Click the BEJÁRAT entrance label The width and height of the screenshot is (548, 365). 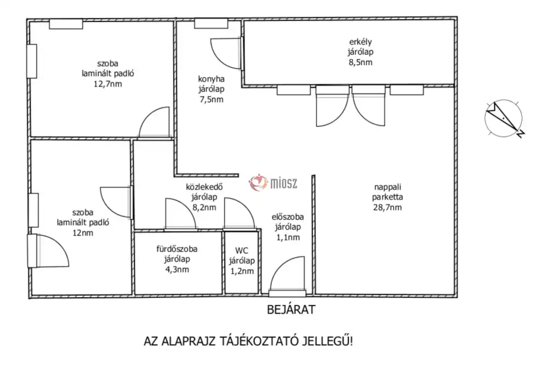(291, 310)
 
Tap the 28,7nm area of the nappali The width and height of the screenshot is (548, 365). (387, 207)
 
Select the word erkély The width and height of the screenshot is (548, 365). (361, 42)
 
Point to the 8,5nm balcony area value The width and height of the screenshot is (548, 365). (361, 62)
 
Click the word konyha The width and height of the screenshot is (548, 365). (211, 79)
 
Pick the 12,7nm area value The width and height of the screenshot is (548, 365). (107, 84)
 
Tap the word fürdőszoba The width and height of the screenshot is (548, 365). (177, 249)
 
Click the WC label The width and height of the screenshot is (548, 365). (242, 250)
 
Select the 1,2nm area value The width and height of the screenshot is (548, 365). (242, 271)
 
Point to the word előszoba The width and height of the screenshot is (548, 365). (288, 217)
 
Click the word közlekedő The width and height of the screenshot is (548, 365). (204, 187)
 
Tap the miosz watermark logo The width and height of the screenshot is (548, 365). (273, 182)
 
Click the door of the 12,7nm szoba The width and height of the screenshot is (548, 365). (154, 122)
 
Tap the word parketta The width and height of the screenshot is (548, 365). (387, 197)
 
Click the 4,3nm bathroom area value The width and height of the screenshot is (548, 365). (177, 270)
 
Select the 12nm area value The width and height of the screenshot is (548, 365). (83, 233)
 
